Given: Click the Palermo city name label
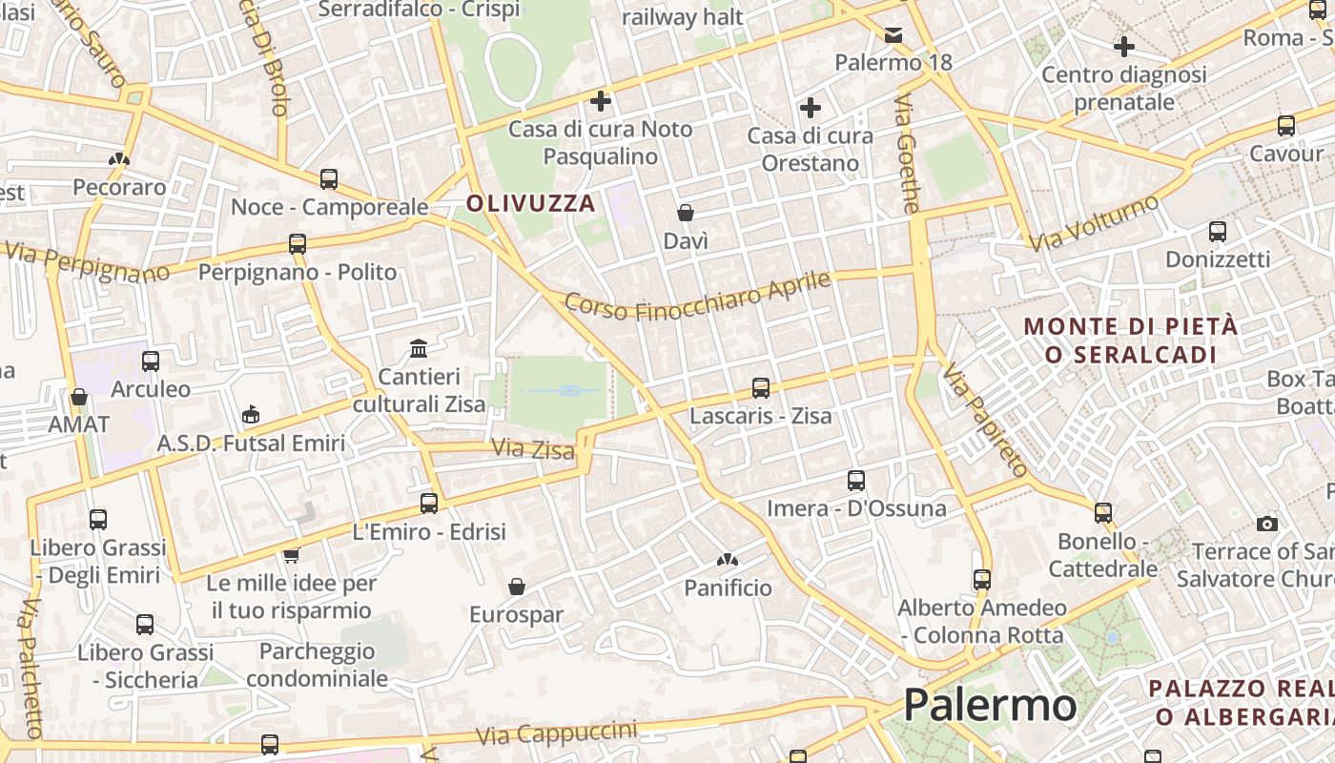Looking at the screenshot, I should pos(990,706).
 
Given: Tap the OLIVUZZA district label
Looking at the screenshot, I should pos(530,203).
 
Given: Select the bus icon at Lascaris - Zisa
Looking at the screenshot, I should pos(760,388).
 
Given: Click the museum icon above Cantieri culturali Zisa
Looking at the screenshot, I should pos(419,348).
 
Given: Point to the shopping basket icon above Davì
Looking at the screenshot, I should pos(685,212).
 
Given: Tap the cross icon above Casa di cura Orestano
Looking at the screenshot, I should pos(811,108).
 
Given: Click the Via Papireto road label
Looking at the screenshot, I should pos(986,420).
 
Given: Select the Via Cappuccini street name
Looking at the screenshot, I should pos(557,734).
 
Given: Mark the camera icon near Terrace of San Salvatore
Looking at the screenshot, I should pos(1266,524).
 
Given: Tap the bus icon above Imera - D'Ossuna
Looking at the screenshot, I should pos(856,480).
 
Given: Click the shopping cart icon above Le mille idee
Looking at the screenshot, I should pos(291,554).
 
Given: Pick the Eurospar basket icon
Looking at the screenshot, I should pos(516,586).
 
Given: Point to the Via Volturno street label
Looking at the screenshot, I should pos(1094,222).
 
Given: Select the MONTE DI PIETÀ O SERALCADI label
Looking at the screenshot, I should pos(1131,340).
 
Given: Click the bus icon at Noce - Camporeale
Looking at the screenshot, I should pos(329,178).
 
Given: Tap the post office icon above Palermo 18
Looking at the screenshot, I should pos(893,35).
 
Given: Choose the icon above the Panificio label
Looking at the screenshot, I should pos(728,559).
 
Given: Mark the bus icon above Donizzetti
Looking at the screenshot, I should pos(1217,231).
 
